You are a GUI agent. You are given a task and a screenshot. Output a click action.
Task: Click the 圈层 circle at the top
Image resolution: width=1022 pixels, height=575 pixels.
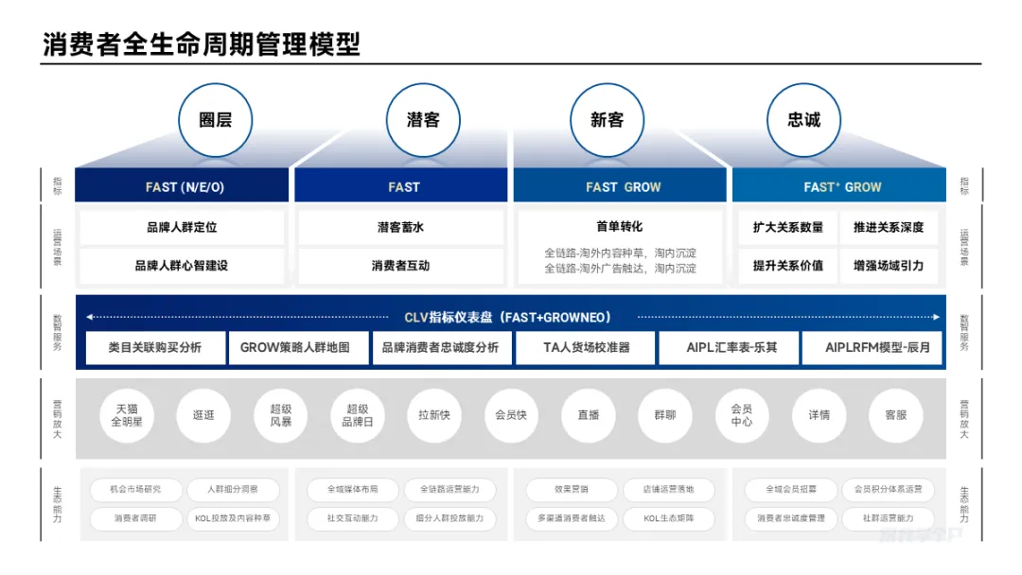(x=215, y=120)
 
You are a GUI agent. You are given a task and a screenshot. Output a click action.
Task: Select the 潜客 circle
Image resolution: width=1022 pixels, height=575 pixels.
(x=423, y=120)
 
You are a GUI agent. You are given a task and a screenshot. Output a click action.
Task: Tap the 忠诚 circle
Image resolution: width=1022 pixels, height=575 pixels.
(x=803, y=120)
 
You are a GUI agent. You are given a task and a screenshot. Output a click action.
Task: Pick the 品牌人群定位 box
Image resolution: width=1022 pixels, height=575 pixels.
(x=182, y=227)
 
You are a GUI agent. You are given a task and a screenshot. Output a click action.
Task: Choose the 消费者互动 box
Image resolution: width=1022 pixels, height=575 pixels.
(x=400, y=266)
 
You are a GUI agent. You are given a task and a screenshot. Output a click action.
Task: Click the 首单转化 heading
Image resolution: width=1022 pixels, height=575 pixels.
(x=619, y=227)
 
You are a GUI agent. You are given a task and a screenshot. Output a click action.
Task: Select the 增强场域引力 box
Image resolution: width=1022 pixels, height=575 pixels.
(x=888, y=266)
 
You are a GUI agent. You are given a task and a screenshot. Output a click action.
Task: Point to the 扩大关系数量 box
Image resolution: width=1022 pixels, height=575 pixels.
(x=787, y=227)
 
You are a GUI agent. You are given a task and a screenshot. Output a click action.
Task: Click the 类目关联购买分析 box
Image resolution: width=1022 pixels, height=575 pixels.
(x=155, y=347)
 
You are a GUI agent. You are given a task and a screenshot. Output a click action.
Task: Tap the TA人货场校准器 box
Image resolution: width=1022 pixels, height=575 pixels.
(x=586, y=347)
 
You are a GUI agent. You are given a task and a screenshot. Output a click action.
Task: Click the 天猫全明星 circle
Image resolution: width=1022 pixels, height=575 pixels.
(x=127, y=415)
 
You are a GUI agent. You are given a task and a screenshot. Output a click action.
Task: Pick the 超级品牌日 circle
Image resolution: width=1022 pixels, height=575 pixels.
(x=358, y=415)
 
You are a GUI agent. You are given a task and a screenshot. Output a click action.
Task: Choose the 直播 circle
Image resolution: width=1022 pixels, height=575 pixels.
(x=589, y=415)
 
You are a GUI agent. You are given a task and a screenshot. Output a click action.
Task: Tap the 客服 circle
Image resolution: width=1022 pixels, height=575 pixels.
(x=895, y=415)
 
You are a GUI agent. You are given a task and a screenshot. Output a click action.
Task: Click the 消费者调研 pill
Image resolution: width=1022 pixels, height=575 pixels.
(x=135, y=518)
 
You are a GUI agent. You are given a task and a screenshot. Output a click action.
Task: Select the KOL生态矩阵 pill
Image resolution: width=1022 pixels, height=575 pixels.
(x=668, y=518)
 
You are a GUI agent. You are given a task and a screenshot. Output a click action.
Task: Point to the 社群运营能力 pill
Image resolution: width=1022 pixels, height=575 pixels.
(x=888, y=518)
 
